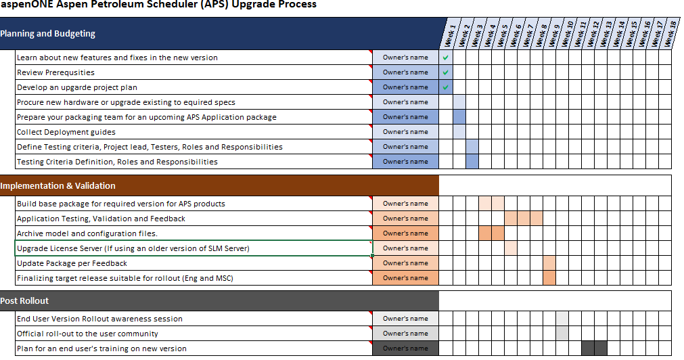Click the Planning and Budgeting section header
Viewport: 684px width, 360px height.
[47, 34]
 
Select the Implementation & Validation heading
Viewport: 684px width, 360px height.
[58, 186]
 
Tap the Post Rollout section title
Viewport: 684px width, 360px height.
[24, 300]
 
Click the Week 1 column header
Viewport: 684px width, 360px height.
[449, 35]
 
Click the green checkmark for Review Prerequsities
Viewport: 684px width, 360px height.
[445, 72]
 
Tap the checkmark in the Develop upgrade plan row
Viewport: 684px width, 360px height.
[445, 87]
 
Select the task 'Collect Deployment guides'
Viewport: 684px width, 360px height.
[66, 132]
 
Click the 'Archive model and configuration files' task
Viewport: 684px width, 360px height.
[87, 233]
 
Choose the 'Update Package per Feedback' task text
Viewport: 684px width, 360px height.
[72, 263]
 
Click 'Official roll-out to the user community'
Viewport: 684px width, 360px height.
[87, 334]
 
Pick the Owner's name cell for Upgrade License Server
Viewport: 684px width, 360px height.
[406, 248]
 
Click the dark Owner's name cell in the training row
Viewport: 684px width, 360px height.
[406, 348]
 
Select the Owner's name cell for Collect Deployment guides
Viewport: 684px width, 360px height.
[406, 132]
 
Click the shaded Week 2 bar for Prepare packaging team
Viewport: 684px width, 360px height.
[459, 117]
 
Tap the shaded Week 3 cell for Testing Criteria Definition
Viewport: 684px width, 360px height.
[472, 162]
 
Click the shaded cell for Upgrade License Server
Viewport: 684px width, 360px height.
[511, 248]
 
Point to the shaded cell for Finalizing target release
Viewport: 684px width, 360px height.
[549, 278]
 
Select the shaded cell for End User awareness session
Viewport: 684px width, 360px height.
[562, 319]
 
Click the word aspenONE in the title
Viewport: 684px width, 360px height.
[21, 4]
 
